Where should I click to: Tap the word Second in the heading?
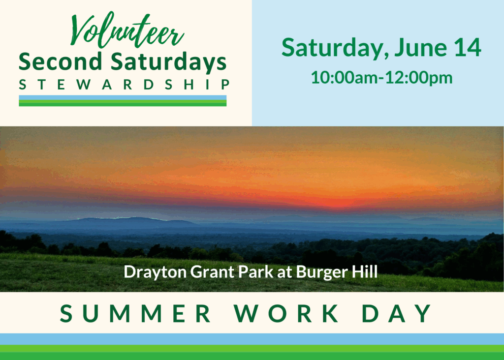coord(61,61)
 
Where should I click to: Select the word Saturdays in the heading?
coord(169,62)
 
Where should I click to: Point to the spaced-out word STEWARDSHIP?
coord(124,85)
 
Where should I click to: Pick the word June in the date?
coord(420,48)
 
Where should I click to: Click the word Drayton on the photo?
coord(155,272)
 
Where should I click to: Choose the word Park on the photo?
coord(256,271)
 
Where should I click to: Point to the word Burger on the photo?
coord(322,272)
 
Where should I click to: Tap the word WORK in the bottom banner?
coord(286,313)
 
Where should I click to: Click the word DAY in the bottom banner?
coord(397,313)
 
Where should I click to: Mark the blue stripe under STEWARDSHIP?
coord(123,97)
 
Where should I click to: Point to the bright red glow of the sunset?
coord(338,202)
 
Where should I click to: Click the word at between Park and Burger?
coord(284,272)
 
